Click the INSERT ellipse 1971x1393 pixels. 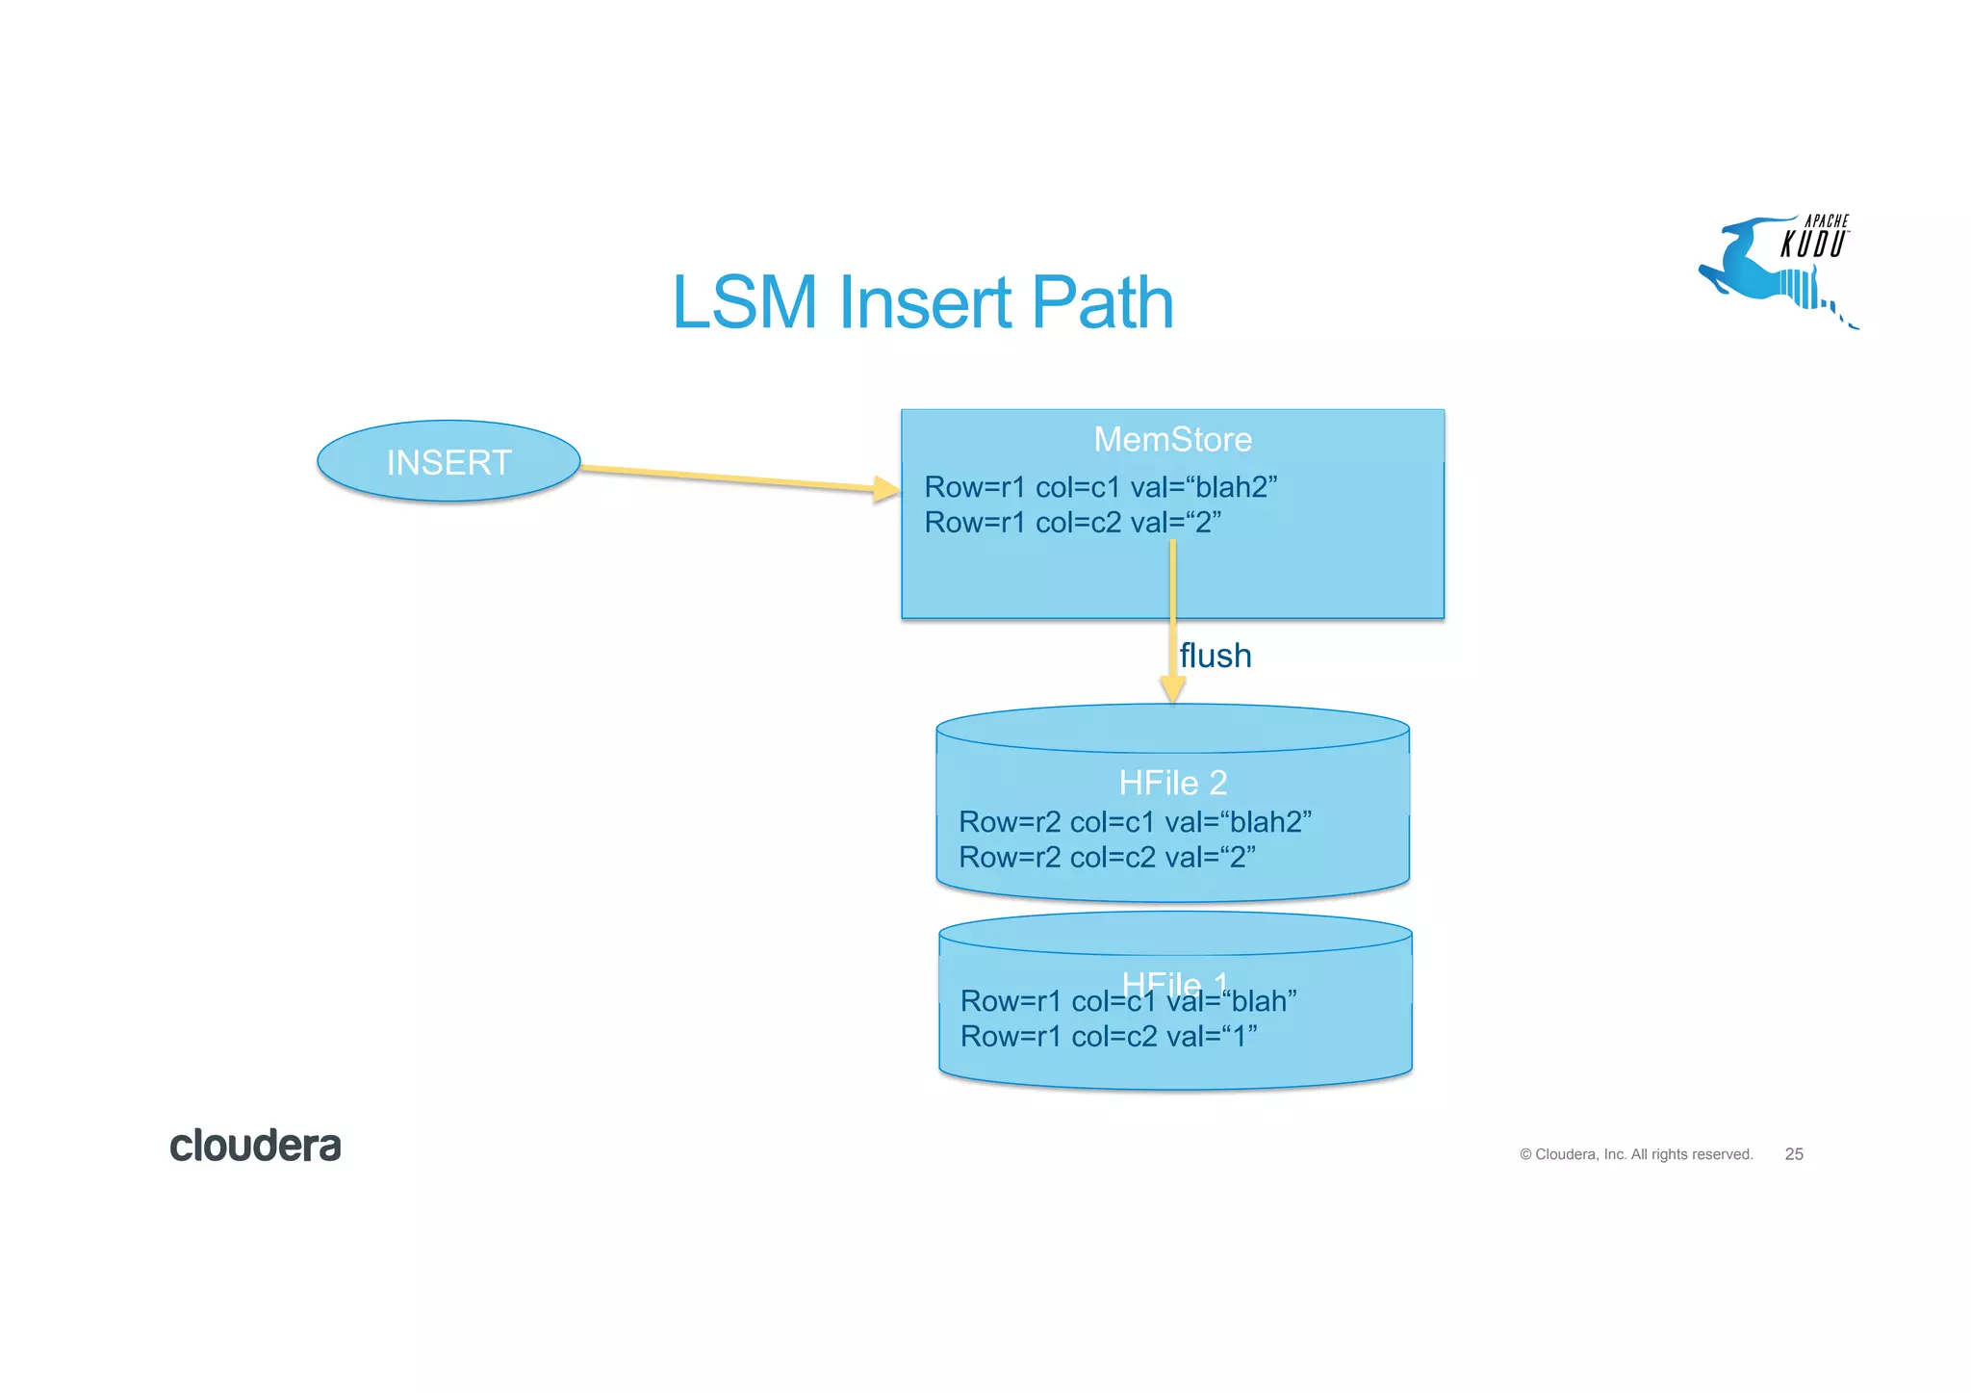(x=448, y=462)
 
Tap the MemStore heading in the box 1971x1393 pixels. (x=1172, y=440)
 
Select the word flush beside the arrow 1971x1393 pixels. (x=1215, y=656)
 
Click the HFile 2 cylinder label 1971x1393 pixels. (x=1172, y=783)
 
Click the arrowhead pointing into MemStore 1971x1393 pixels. (x=886, y=489)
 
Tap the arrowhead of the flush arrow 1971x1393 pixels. (x=1172, y=688)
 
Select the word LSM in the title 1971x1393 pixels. (x=745, y=303)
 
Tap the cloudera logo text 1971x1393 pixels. (x=255, y=1146)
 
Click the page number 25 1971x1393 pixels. (x=1793, y=1154)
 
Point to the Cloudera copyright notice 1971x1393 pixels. (x=1635, y=1154)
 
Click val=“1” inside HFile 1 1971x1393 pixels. (x=1211, y=1037)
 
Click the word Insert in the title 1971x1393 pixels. (x=925, y=303)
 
